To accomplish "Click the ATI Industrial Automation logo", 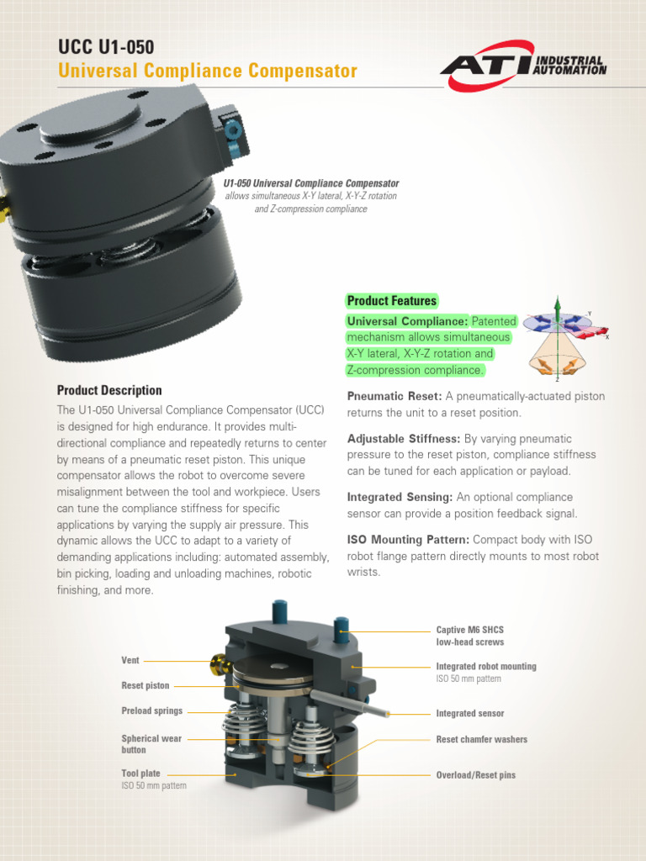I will click(523, 66).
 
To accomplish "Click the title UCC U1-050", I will click(106, 47).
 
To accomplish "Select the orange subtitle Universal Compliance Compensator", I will click(208, 71).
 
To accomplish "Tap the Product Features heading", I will click(392, 301).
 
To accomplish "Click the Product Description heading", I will click(109, 391).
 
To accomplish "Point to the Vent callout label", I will click(130, 660).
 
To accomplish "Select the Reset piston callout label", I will click(145, 686).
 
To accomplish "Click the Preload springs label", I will click(151, 711).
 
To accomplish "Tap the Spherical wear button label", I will click(151, 744).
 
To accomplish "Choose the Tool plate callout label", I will click(140, 774).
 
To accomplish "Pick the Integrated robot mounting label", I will click(485, 667).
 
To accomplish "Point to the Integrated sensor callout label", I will click(469, 714).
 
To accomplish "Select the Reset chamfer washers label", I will click(481, 740).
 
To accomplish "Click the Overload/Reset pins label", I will click(475, 775).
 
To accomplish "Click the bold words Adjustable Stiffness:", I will click(403, 439).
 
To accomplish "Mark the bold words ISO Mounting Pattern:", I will click(409, 540).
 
